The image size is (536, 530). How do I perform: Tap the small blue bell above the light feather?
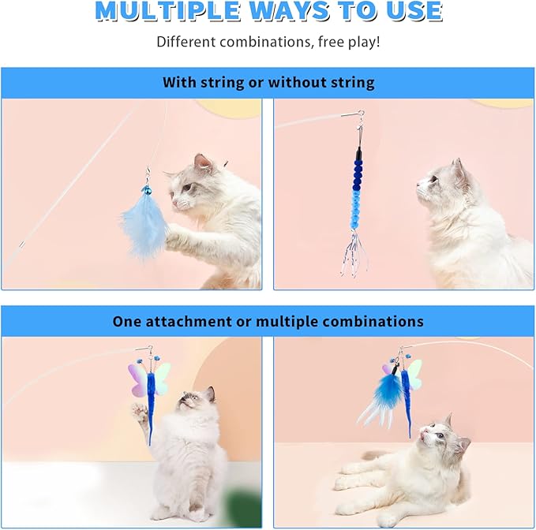(147, 190)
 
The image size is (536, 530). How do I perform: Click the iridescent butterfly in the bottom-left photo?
(150, 379)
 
